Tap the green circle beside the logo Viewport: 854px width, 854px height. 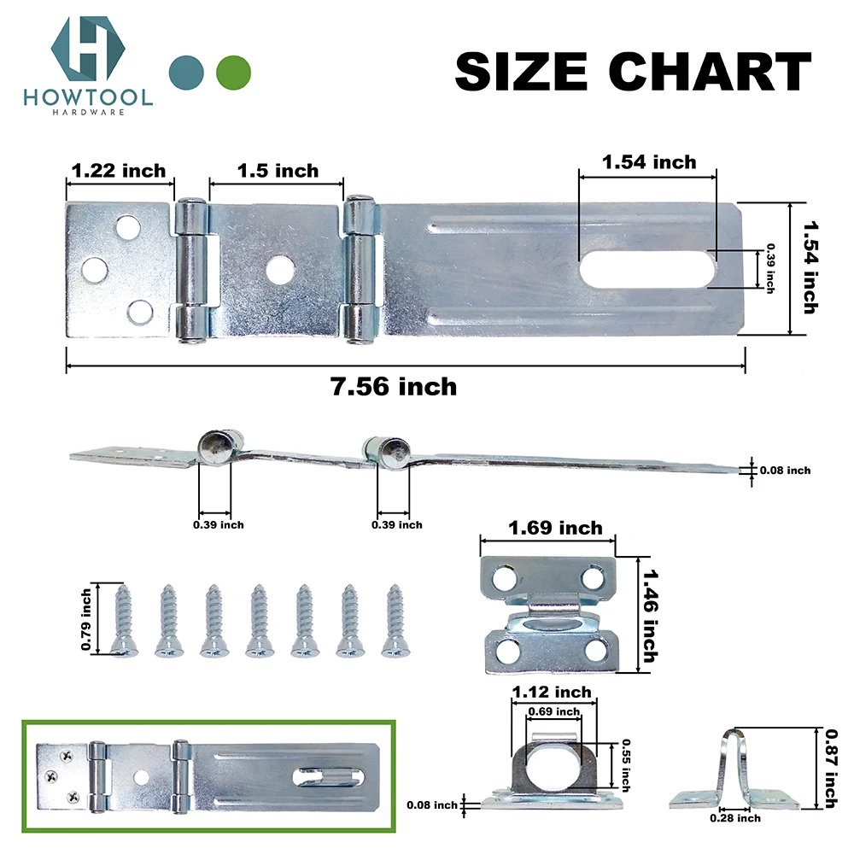click(234, 72)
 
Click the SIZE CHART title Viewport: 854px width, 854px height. click(633, 71)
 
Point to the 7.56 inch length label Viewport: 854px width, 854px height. click(394, 387)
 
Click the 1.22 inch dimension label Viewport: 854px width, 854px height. click(119, 171)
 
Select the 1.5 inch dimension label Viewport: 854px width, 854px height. click(277, 171)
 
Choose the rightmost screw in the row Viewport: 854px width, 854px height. click(395, 620)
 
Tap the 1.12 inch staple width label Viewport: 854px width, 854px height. click(551, 692)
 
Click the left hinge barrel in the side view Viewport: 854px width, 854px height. click(213, 447)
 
